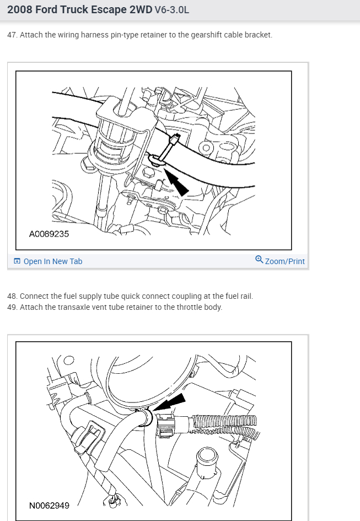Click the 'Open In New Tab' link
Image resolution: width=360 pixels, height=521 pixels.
point(52,261)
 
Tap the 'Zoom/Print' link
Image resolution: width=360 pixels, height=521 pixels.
point(284,261)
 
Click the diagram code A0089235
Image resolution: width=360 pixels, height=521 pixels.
point(49,234)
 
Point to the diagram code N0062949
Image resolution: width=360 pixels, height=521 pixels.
point(49,505)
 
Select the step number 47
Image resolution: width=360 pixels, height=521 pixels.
point(12,35)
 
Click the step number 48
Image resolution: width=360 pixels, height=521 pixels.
point(12,296)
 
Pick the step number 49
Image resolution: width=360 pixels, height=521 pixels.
point(12,307)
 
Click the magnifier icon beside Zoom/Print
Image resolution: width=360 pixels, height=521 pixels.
point(259,260)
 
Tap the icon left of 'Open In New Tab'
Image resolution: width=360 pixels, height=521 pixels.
point(17,261)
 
